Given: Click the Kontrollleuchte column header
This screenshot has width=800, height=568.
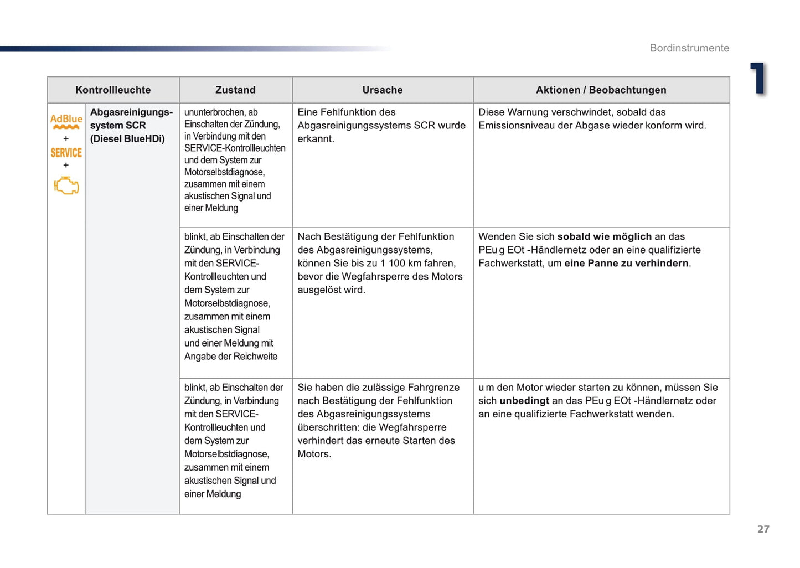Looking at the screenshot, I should pyautogui.click(x=113, y=90).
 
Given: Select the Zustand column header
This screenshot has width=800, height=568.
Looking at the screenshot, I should pyautogui.click(x=235, y=90).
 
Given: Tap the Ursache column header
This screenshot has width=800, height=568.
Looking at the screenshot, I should pyautogui.click(x=382, y=90).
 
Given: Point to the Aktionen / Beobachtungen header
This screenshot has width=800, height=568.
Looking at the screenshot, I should pyautogui.click(x=601, y=90).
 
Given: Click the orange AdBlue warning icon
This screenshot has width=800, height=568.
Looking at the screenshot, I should pyautogui.click(x=66, y=121).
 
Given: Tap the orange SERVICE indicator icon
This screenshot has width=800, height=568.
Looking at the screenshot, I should pyautogui.click(x=66, y=153).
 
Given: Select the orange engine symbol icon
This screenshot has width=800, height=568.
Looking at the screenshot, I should pyautogui.click(x=66, y=185).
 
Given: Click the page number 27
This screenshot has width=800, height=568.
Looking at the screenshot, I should pyautogui.click(x=763, y=529).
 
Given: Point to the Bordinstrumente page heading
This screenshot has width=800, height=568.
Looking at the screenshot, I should pyautogui.click(x=689, y=48).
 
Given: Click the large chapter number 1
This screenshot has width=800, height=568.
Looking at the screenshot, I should pyautogui.click(x=758, y=78).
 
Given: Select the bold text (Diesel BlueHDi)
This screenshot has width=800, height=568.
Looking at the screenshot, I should pyautogui.click(x=127, y=139).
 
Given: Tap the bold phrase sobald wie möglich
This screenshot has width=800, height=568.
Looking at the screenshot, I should pyautogui.click(x=604, y=237).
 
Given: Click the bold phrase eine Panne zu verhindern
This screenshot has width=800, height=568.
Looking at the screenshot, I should pyautogui.click(x=626, y=264).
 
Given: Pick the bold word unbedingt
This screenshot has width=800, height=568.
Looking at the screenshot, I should pyautogui.click(x=524, y=401).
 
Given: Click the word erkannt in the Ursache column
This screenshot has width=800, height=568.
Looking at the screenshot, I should pyautogui.click(x=315, y=139).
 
